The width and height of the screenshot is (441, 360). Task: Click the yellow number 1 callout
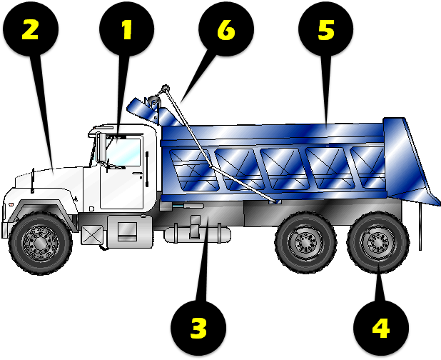coord(127,29)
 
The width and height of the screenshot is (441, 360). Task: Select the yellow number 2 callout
coord(31,29)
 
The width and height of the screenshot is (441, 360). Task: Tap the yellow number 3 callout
coord(198,329)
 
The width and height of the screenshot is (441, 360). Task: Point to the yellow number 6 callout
coord(225,29)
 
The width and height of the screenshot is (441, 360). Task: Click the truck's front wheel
coord(41,241)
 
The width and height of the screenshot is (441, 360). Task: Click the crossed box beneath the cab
coord(92,234)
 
